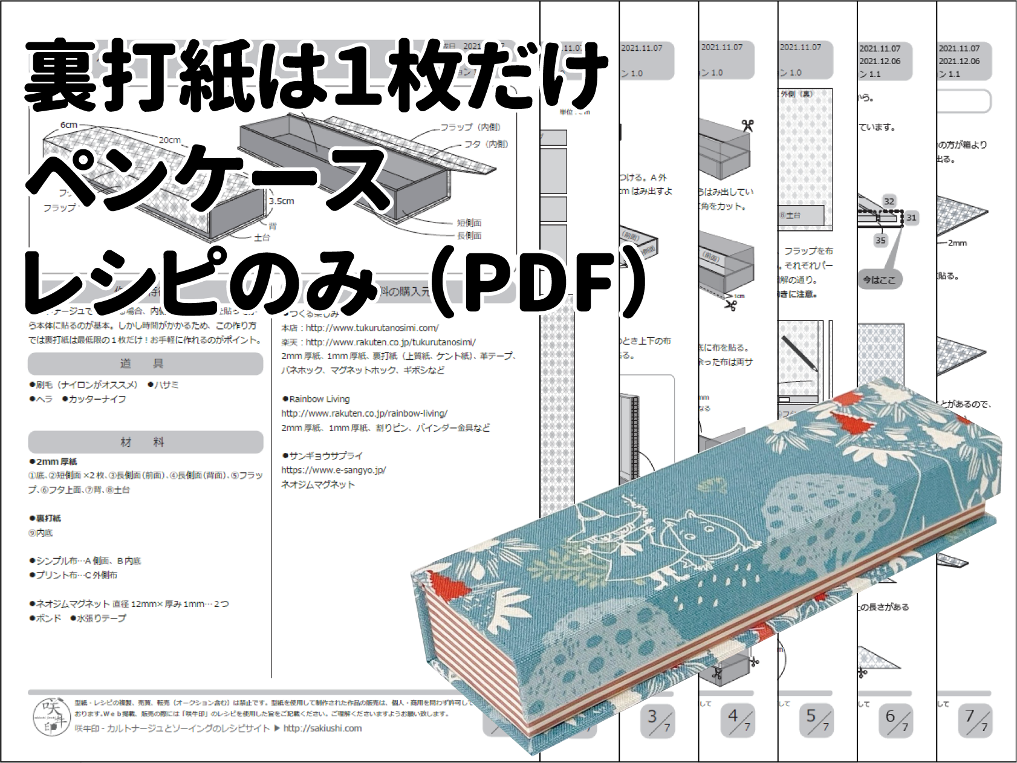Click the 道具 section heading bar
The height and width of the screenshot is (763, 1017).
click(145, 364)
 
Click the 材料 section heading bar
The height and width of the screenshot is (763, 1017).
click(145, 443)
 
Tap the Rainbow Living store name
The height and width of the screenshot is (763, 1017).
click(319, 399)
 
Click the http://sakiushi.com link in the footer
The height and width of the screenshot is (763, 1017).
click(322, 729)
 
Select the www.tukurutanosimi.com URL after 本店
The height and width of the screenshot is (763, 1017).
click(372, 328)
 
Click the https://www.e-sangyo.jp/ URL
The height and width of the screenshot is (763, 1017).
click(333, 470)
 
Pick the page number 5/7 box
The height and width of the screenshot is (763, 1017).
click(816, 720)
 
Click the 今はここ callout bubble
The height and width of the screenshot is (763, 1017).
click(879, 280)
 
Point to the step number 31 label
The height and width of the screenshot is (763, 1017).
click(911, 218)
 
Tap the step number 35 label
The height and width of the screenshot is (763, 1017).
click(880, 241)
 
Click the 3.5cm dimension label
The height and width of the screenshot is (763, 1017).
click(282, 201)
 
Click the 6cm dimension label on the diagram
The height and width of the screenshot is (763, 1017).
click(68, 125)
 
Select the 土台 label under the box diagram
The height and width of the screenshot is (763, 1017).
click(262, 238)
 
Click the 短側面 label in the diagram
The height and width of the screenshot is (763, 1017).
click(469, 222)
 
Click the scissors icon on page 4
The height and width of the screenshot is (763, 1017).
click(748, 125)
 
